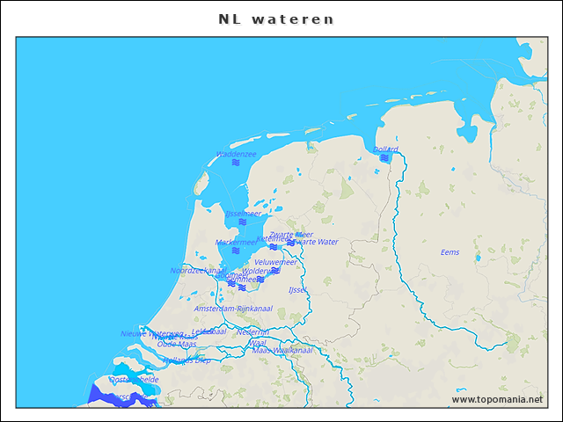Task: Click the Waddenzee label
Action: point(236,154)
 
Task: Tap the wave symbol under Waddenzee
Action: point(236,163)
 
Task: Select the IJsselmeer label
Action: point(243,214)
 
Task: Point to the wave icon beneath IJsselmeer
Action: point(243,222)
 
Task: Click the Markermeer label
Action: point(236,242)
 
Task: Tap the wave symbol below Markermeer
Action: point(236,251)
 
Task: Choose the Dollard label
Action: point(385,149)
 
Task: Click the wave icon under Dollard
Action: point(384,158)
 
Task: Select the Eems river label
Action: point(450,252)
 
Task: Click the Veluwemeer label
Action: point(275,262)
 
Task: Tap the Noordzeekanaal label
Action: point(198,271)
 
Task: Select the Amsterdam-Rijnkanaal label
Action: point(233,309)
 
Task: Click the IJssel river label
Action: point(296,289)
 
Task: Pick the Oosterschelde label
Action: point(135,379)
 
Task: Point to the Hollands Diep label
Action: point(186,360)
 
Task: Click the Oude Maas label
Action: point(177,344)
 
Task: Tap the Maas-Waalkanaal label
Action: point(282,350)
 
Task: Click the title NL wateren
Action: point(276,18)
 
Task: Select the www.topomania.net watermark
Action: point(497,399)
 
